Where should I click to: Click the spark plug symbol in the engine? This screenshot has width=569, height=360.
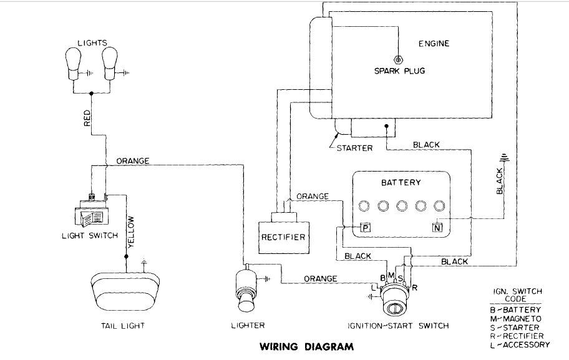tap(398, 59)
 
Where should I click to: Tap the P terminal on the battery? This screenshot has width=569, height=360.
tap(366, 228)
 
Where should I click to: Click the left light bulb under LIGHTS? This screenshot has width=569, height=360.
tap(75, 64)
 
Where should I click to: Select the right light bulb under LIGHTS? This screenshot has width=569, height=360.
tap(111, 64)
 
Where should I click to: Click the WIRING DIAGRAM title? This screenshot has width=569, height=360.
tap(306, 346)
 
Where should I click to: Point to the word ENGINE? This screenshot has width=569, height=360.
tap(433, 44)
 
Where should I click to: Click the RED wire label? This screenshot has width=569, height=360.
tap(87, 119)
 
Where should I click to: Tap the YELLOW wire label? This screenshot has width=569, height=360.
tap(131, 232)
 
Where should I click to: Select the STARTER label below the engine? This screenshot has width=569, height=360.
tap(354, 148)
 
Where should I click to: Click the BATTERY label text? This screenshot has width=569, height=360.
tap(401, 183)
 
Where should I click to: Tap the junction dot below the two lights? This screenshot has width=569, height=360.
tap(92, 94)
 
